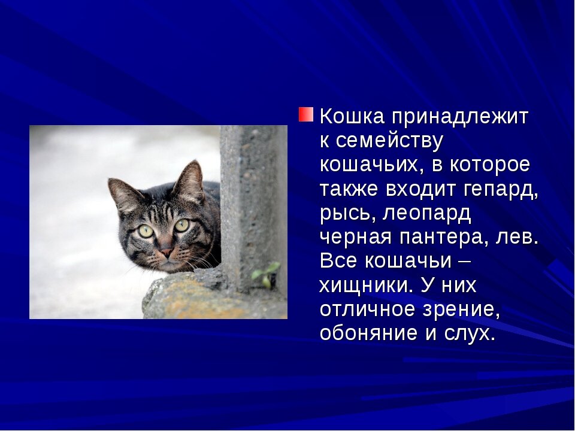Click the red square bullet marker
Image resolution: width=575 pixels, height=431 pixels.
(305, 114)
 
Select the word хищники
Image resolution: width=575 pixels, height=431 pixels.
(366, 286)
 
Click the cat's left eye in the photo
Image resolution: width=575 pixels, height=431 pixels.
(146, 231)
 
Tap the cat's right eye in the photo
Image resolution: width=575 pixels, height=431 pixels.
(181, 225)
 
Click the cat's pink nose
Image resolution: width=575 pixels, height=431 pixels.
(166, 253)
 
